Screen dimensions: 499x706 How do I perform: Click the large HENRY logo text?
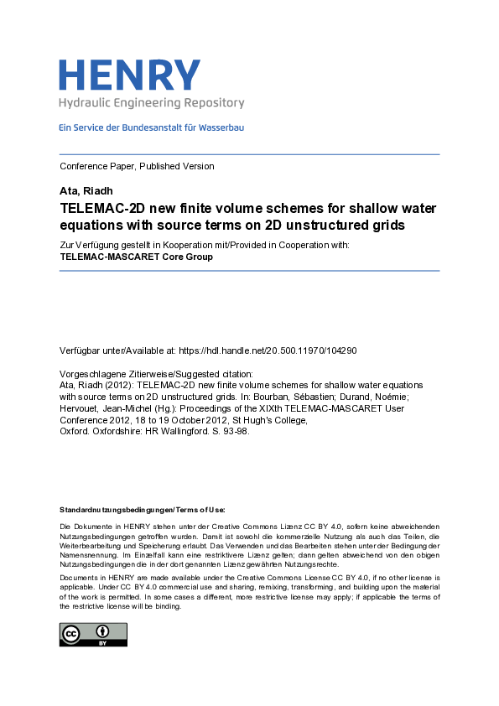(130, 75)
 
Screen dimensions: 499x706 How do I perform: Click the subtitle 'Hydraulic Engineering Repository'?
(151, 103)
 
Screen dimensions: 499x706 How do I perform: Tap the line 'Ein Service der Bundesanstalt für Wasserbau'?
(151, 127)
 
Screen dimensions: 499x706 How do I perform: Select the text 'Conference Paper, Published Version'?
(137, 166)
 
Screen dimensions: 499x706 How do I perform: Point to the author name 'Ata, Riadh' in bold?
(85, 191)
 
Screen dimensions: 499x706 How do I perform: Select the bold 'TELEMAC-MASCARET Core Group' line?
(136, 257)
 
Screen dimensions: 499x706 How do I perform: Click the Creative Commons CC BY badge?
(92, 634)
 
